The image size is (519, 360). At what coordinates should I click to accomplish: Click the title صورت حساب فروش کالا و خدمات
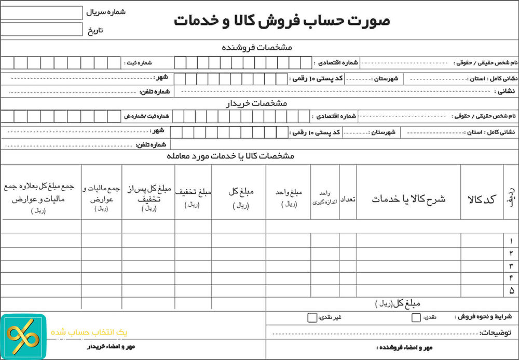coord(282,21)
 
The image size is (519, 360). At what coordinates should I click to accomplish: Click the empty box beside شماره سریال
coord(42,12)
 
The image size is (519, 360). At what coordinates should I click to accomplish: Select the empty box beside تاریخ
coord(42,29)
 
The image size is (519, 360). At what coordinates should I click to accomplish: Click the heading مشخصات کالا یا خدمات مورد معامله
coord(230,156)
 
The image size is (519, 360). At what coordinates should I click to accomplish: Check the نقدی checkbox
coord(416,317)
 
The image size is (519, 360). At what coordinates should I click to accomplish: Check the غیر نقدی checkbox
coord(311,317)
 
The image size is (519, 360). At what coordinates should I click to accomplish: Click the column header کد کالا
coord(482,199)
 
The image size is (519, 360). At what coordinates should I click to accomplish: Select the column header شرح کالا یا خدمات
coord(408,199)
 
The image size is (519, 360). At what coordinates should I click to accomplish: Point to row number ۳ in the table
coord(511,266)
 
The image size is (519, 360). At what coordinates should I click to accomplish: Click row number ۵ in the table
coord(511,290)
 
